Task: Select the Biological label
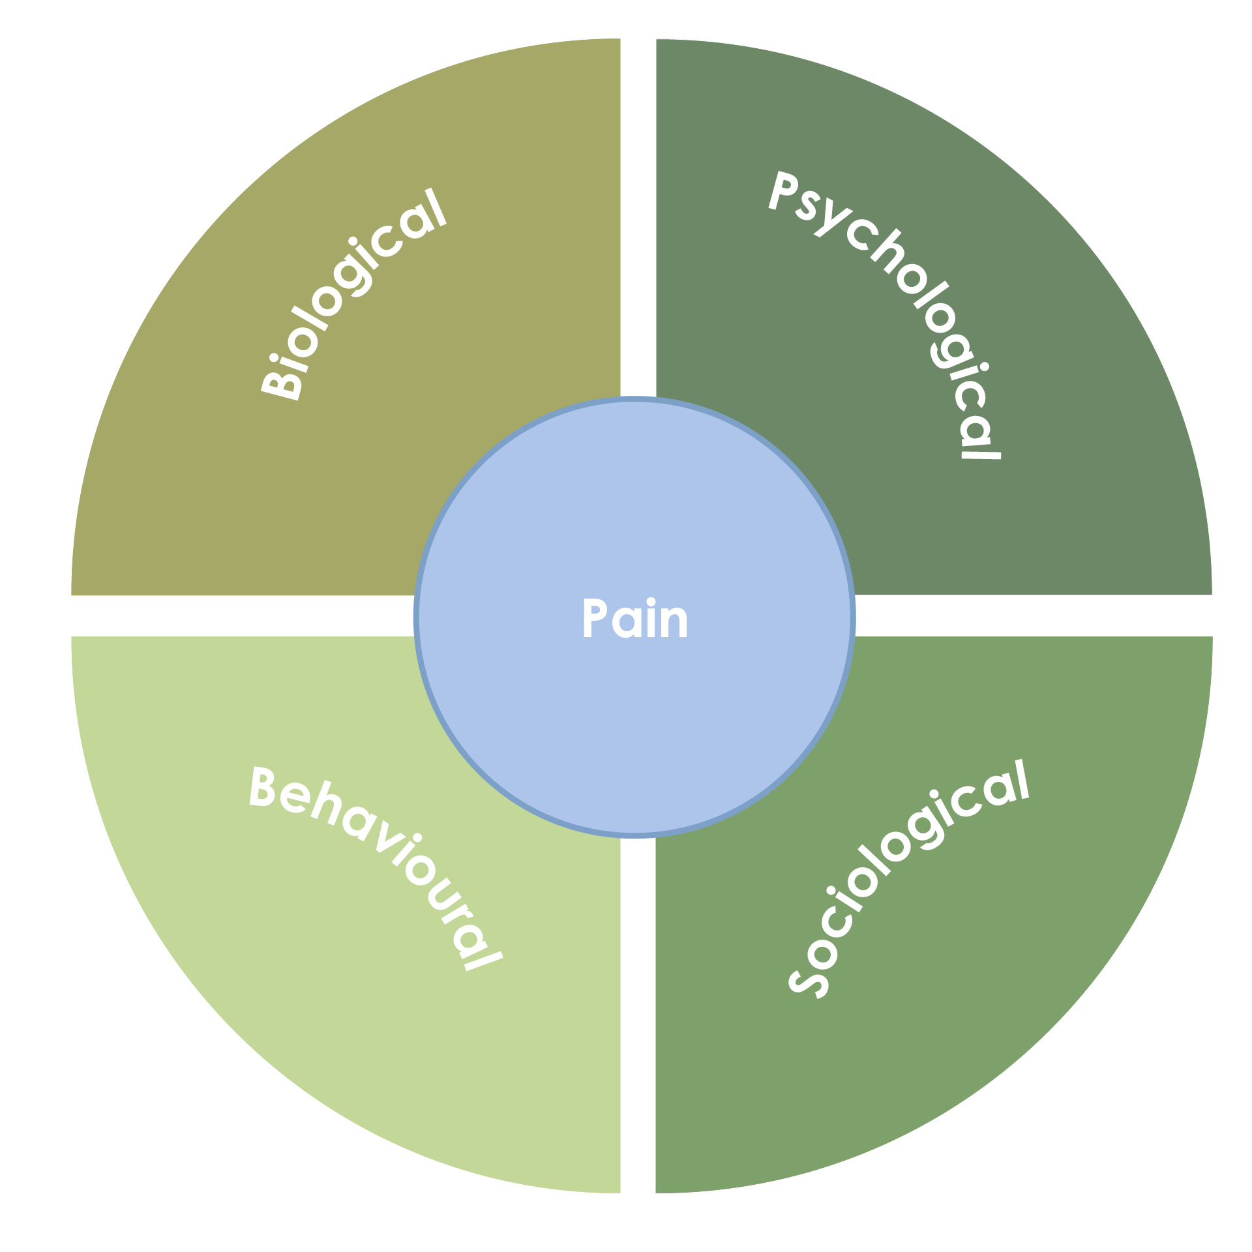(x=354, y=293)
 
